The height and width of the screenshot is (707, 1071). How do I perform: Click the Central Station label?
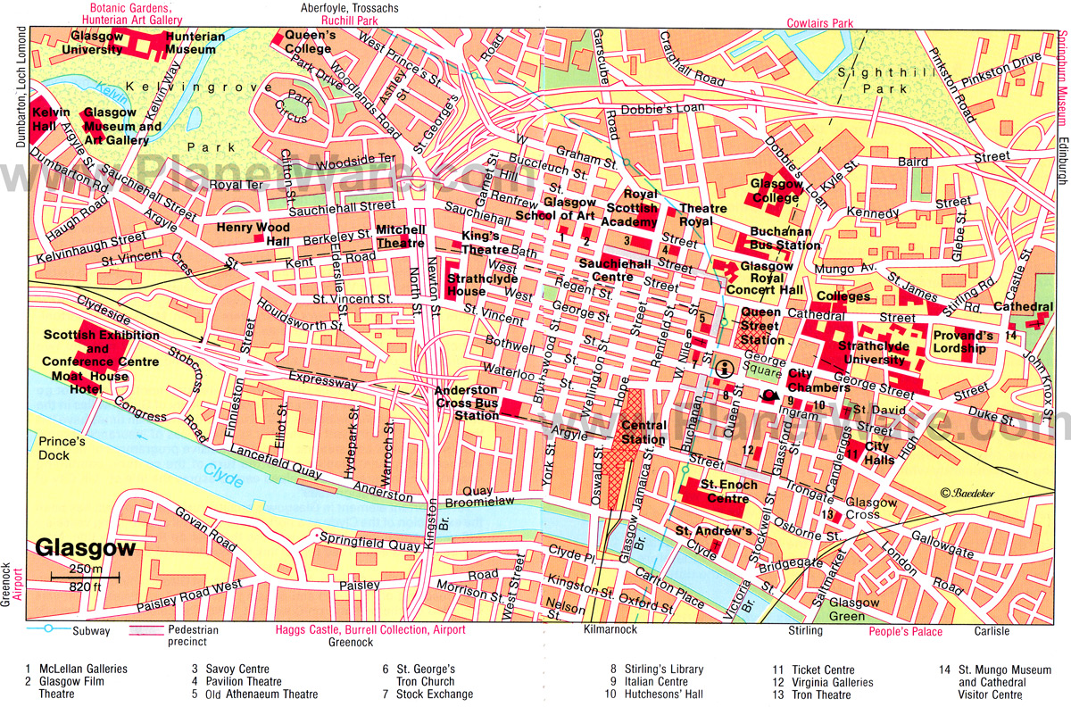pos(643,432)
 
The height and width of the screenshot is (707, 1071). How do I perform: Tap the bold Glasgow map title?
pos(86,549)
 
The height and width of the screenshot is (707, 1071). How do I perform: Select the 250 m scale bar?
pos(85,578)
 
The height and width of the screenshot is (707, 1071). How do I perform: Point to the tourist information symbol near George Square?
pos(725,367)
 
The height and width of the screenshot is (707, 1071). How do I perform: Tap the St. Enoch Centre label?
pos(728,492)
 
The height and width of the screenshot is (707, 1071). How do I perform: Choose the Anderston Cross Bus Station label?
pos(465,403)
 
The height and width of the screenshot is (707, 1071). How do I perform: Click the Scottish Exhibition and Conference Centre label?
pos(101,349)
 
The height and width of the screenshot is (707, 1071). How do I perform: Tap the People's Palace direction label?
pos(905,632)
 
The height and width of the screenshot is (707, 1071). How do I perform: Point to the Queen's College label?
pos(309,42)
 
